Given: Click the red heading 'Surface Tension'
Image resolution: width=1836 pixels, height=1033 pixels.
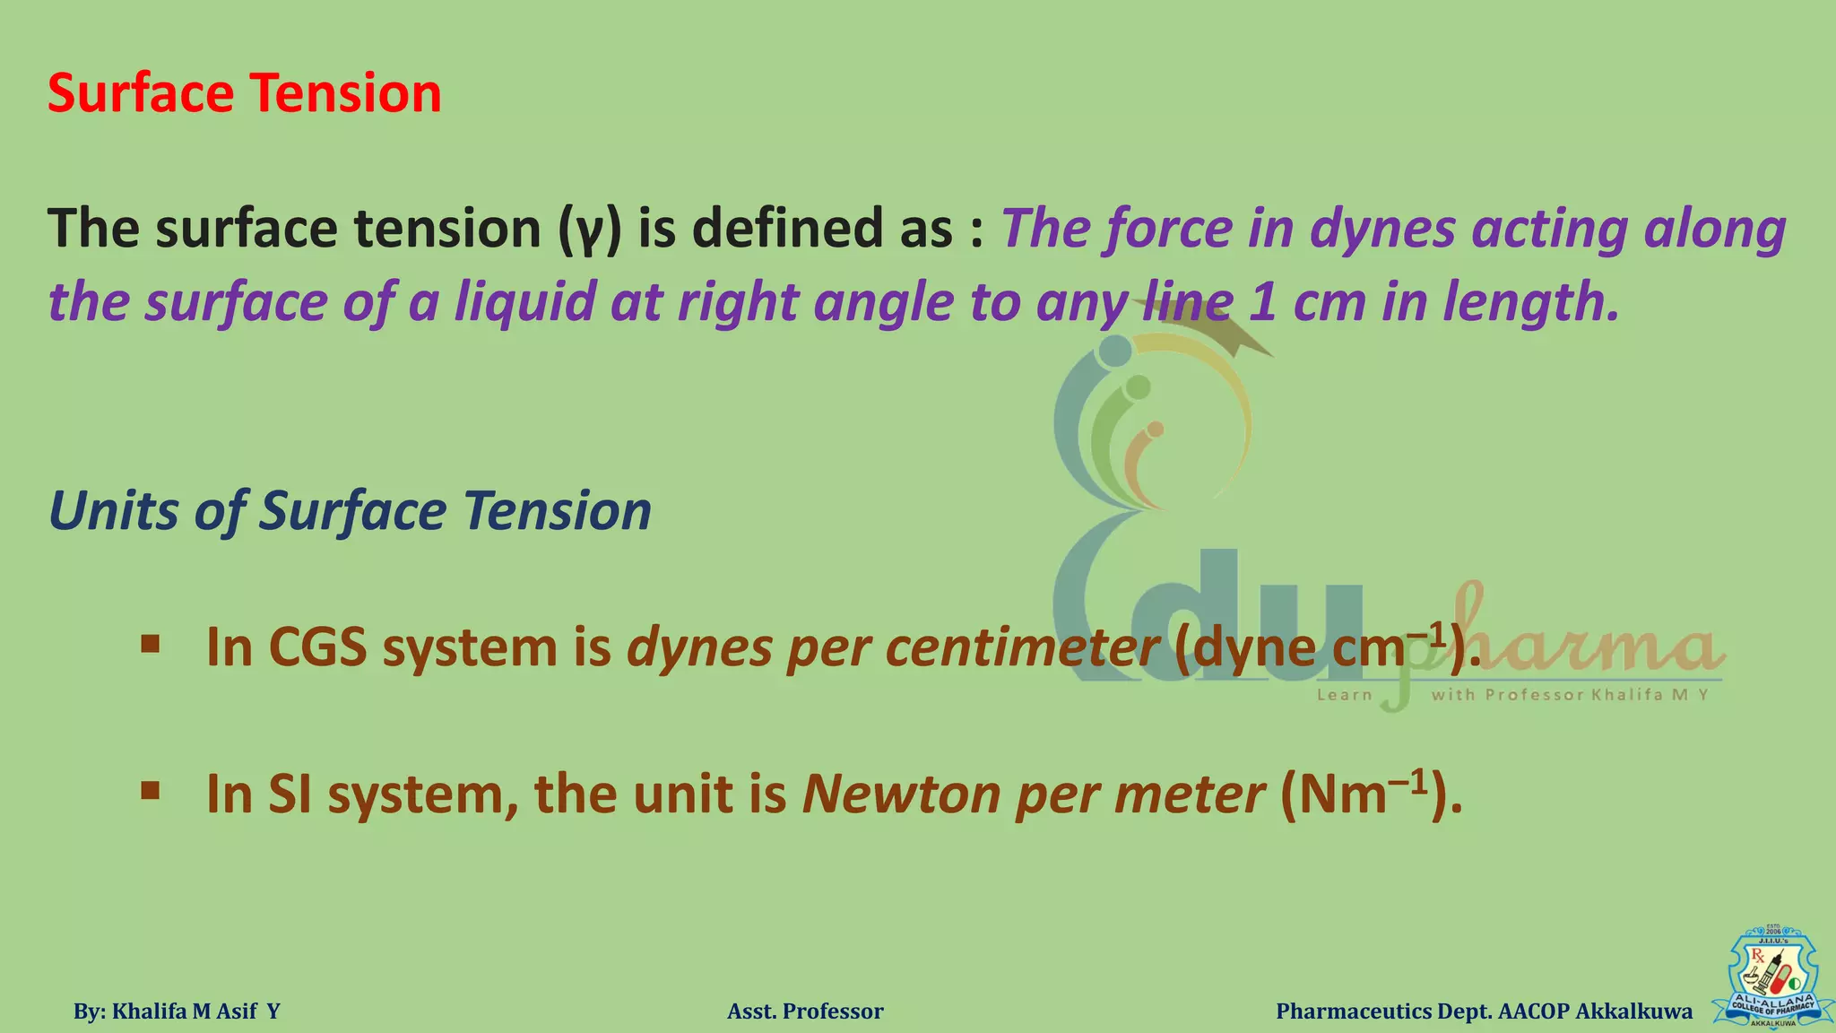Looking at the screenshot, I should [244, 93].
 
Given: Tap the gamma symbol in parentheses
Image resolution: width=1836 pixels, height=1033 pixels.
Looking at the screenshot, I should [589, 230].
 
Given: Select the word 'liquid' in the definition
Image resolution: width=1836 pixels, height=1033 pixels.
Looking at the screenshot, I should [524, 301].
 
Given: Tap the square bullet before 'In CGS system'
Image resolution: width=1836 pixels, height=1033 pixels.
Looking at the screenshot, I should [151, 644].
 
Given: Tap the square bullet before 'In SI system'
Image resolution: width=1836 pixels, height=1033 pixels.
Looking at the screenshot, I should [151, 791].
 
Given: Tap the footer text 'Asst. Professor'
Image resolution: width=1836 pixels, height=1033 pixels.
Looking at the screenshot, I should [805, 1011].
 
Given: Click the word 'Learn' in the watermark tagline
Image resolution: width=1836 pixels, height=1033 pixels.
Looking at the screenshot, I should [1344, 695].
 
